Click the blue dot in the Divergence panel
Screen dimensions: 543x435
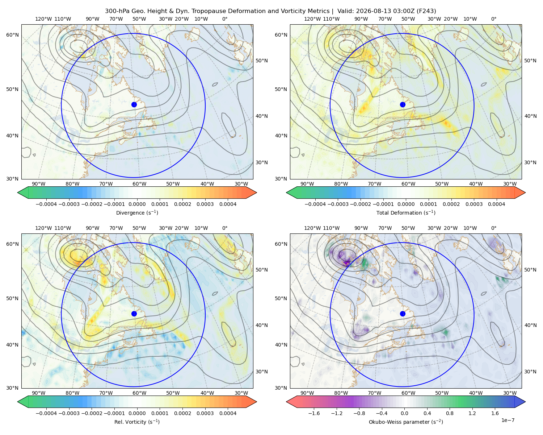click(x=134, y=105)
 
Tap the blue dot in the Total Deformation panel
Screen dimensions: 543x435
click(x=403, y=105)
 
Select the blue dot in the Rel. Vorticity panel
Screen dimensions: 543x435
click(x=134, y=314)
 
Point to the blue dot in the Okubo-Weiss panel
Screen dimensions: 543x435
click(x=403, y=314)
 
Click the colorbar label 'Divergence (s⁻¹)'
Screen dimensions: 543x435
click(x=137, y=213)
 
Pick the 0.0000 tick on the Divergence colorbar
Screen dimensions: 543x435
click(x=137, y=204)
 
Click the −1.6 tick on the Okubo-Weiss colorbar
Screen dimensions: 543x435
click(x=314, y=413)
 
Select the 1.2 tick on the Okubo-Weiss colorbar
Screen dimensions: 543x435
click(x=472, y=413)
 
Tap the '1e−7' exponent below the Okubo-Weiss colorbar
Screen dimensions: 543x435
click(x=508, y=420)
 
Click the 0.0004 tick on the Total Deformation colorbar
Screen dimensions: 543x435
click(x=496, y=204)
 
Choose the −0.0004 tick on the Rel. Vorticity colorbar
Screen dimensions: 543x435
click(x=46, y=413)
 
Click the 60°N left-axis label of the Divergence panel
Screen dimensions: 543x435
click(x=12, y=35)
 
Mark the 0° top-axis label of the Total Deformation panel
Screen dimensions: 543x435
click(x=494, y=19)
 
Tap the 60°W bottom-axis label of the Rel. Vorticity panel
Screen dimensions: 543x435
click(x=139, y=393)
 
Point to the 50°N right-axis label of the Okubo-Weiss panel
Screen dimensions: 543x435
click(x=530, y=270)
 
